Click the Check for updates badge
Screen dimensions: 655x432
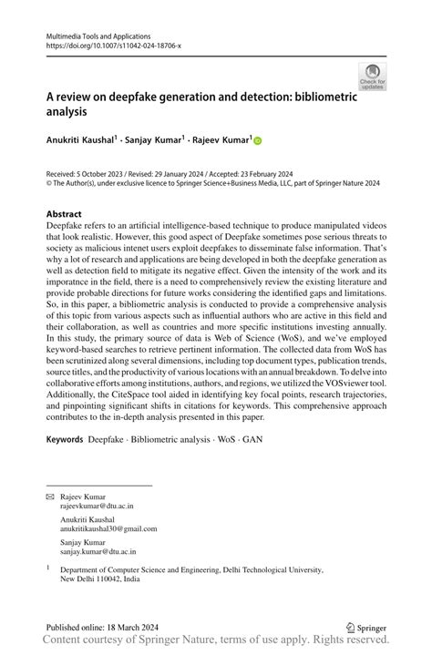pos(372,77)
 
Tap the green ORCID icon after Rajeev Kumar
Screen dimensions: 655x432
pos(258,141)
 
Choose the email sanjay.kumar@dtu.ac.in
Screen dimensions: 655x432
pos(98,551)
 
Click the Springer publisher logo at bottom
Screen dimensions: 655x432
pos(366,627)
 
